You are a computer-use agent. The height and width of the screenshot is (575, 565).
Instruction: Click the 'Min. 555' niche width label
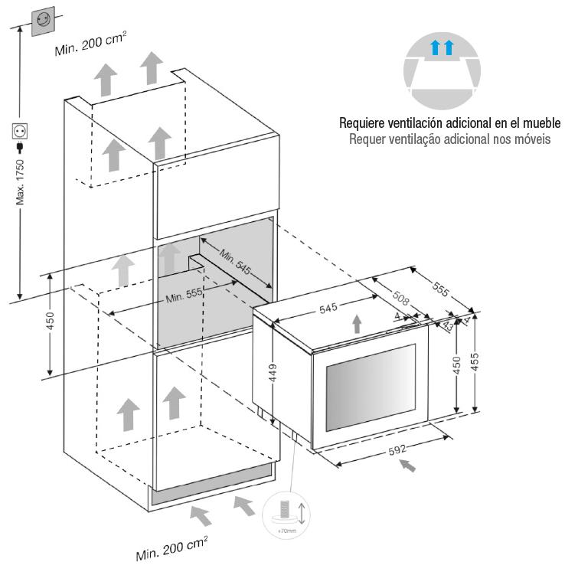tap(183, 297)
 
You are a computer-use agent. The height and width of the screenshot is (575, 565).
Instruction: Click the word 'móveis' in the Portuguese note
tap(531, 139)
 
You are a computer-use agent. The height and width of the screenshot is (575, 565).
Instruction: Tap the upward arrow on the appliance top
tap(357, 322)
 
